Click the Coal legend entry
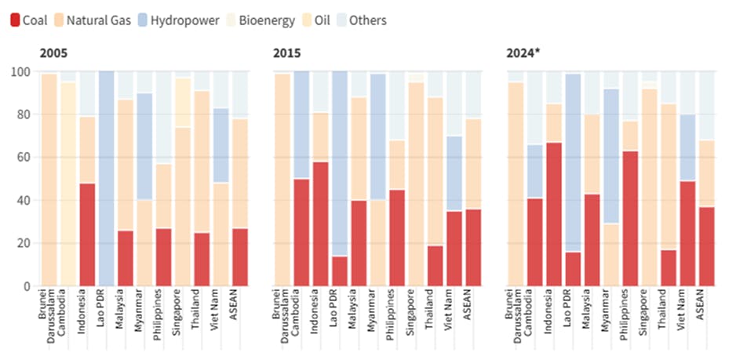point(29,20)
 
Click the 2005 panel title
point(53,53)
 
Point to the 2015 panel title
point(286,53)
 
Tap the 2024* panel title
point(523,53)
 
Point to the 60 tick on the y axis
point(24,158)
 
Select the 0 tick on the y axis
point(27,286)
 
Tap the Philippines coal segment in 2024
point(629,219)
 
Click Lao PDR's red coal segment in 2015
point(340,271)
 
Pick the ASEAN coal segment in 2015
point(473,247)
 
